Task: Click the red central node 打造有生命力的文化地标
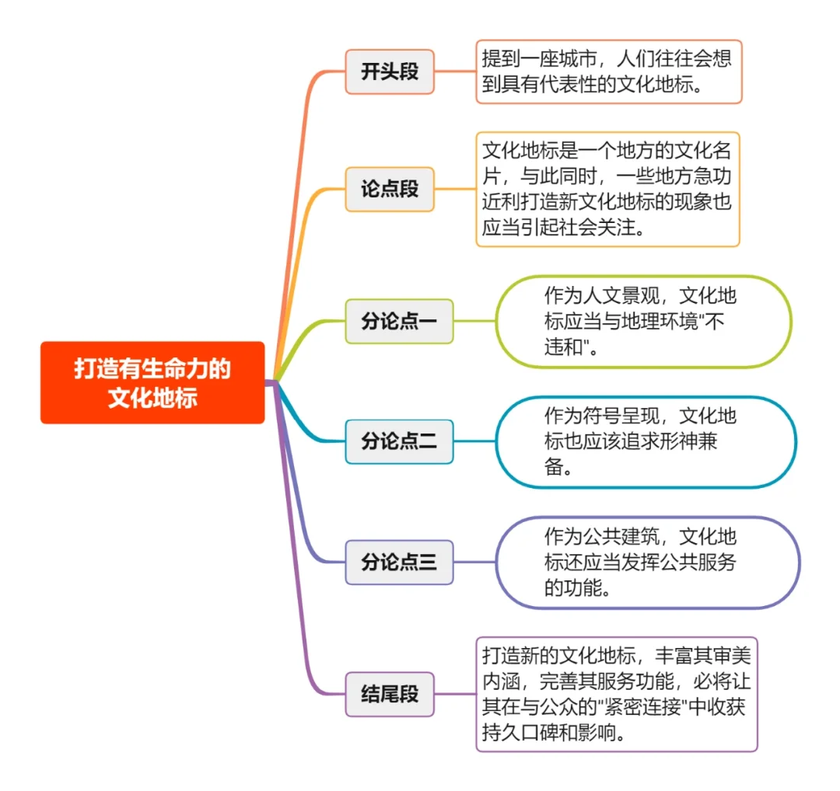click(152, 382)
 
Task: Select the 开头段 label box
click(390, 71)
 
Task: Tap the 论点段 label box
click(390, 189)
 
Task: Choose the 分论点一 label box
click(399, 321)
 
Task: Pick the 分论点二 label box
click(399, 441)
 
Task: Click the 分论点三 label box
click(399, 562)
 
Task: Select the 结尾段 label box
click(390, 694)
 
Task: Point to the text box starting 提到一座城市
click(609, 71)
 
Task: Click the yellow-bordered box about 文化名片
click(607, 189)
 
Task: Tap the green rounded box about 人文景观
click(643, 321)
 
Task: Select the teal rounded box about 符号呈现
click(646, 441)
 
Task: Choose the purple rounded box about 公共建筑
click(647, 562)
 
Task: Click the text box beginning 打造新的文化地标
click(617, 694)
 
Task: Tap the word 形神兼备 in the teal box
click(684, 442)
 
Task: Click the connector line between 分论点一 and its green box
click(474, 321)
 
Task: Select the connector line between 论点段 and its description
click(455, 189)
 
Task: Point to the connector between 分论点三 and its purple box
click(474, 562)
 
